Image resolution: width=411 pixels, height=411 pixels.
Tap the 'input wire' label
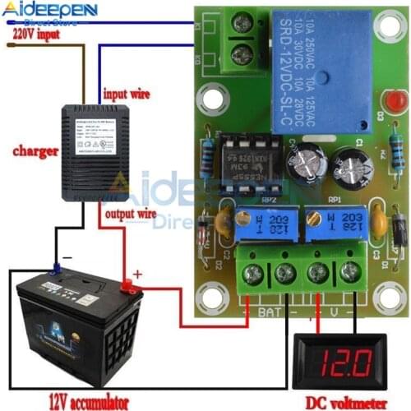(x=127, y=94)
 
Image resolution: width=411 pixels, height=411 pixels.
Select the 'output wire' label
(x=130, y=214)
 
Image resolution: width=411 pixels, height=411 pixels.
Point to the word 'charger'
(x=35, y=151)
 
